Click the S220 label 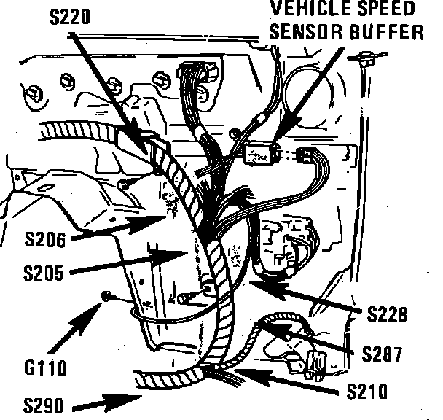click(69, 17)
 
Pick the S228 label click(388, 314)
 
